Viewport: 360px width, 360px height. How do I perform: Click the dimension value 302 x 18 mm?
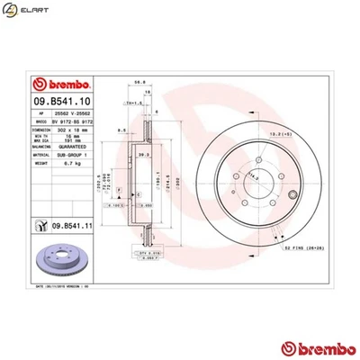pos(73,132)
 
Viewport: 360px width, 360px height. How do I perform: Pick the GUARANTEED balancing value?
pos(73,149)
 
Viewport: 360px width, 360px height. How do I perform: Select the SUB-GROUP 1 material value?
pos(73,157)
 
